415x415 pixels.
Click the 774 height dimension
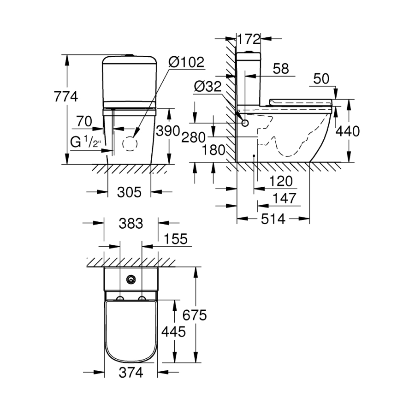(x=66, y=97)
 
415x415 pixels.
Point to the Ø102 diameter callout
(x=186, y=62)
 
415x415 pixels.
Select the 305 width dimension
(x=129, y=192)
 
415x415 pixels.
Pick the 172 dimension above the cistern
(x=249, y=39)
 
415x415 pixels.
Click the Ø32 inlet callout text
(x=207, y=87)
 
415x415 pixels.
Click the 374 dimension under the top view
(x=130, y=372)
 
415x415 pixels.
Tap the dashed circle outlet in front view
(x=130, y=144)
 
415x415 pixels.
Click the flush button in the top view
(x=131, y=279)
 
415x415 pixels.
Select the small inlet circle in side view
(x=245, y=123)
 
